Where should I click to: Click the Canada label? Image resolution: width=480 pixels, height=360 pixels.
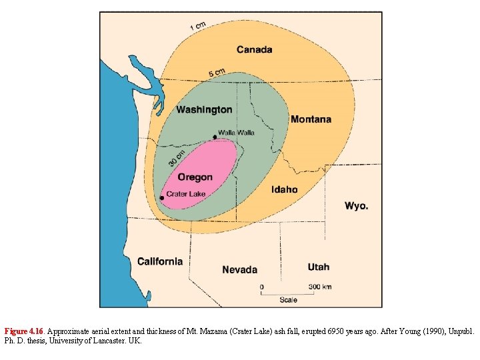pos(254,49)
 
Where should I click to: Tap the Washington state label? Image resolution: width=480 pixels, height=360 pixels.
pos(204,109)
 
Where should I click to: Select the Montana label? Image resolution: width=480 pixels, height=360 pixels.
pos(310,119)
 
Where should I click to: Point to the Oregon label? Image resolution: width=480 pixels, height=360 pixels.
pos(195,177)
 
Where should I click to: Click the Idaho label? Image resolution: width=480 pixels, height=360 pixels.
pos(284,189)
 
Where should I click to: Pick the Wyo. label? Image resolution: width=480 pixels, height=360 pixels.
pos(356,206)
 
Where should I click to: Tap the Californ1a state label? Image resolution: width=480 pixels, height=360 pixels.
pos(160,261)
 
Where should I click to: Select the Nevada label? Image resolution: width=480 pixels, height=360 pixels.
pos(239,269)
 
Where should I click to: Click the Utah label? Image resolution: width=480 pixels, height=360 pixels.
pos(318,267)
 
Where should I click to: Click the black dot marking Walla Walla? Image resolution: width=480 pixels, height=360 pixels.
pos(215,137)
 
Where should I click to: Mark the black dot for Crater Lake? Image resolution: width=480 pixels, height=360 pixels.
pos(161,198)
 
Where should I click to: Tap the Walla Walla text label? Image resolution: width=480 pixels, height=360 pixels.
pos(236,133)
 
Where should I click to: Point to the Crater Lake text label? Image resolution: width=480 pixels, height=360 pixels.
pos(186,194)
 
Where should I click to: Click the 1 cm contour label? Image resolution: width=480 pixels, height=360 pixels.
pos(198,26)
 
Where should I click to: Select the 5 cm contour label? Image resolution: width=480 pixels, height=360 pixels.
pos(217,72)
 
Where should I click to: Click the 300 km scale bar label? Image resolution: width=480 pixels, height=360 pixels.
pos(320,287)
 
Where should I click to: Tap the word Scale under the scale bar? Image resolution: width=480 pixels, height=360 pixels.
pos(288,300)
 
